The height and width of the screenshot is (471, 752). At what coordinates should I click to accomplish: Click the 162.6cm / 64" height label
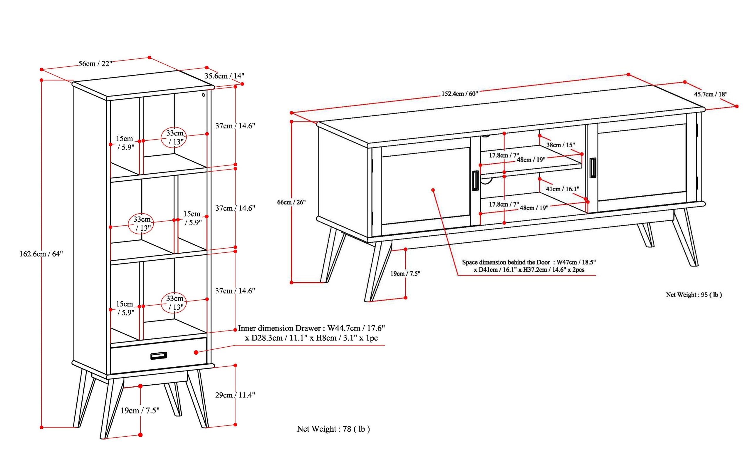(41, 254)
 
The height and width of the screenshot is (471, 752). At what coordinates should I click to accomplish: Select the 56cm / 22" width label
(95, 64)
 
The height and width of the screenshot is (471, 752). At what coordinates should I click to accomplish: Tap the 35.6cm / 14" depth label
(224, 76)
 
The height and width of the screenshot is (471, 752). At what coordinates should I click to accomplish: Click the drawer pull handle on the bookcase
(159, 356)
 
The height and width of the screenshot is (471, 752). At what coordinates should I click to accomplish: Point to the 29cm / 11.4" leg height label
(235, 395)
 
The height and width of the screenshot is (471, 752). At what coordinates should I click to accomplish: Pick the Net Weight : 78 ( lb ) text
(333, 429)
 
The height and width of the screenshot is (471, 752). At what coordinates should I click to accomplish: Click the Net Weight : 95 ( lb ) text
(694, 295)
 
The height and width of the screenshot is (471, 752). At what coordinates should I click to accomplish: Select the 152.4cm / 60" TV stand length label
(459, 94)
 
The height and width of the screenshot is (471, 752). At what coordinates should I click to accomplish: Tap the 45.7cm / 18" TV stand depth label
(711, 94)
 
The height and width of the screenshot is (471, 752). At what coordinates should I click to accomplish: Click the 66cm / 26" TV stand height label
(291, 202)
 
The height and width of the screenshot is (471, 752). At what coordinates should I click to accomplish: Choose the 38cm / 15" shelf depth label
(560, 145)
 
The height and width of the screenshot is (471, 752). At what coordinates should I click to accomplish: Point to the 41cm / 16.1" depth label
(562, 189)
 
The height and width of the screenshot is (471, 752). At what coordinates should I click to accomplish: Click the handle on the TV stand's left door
(475, 180)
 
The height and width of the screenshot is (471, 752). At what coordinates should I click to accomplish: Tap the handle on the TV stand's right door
(592, 168)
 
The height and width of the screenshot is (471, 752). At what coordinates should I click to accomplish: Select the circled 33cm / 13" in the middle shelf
(142, 224)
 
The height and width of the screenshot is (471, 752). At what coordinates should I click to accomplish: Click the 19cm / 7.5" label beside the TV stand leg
(405, 274)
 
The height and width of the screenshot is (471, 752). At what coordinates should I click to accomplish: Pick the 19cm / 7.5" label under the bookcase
(140, 410)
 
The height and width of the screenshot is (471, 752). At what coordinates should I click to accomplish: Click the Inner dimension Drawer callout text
(311, 333)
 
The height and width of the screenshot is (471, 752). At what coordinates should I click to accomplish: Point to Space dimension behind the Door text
(529, 266)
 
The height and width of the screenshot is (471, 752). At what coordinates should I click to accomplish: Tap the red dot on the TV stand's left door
(433, 190)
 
